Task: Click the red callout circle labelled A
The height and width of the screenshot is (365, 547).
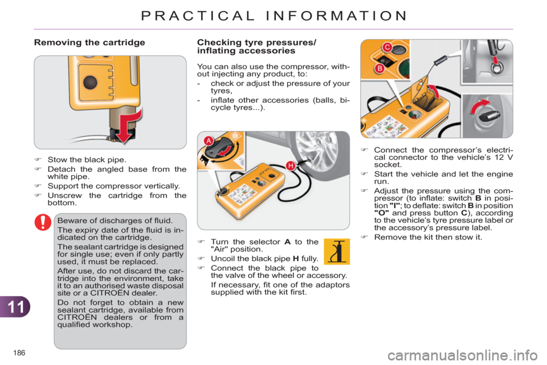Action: tap(209, 141)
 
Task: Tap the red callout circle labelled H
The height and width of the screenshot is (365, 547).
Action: tap(289, 165)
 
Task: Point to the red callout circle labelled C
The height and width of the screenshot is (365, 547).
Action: tap(386, 47)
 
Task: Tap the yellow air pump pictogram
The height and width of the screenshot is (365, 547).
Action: tap(336, 252)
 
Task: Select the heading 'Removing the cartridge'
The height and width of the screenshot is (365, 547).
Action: tap(89, 42)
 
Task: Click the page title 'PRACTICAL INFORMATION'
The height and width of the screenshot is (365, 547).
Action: tap(273, 15)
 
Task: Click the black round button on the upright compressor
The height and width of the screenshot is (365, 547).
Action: tap(89, 82)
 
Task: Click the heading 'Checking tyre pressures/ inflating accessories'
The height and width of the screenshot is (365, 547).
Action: tap(258, 46)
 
